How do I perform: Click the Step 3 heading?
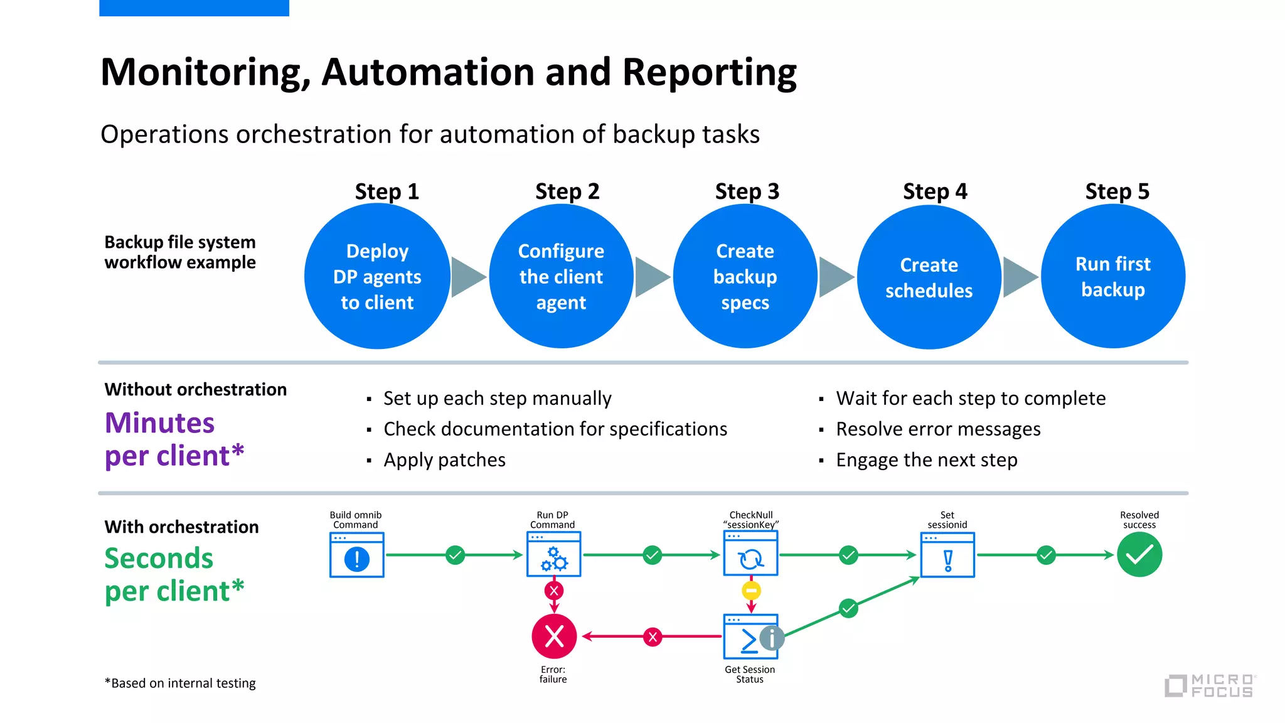coord(747,191)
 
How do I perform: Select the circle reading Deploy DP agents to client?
coord(377,276)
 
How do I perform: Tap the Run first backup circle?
coord(1112,276)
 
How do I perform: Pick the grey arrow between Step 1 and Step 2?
coord(467,276)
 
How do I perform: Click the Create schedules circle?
coord(929,277)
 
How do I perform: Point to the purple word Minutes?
coord(159,423)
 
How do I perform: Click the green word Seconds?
coord(159,558)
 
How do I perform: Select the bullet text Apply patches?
coord(444,460)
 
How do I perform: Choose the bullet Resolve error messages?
coord(938,429)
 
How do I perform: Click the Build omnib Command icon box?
coord(356,555)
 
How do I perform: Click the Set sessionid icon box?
coord(947,555)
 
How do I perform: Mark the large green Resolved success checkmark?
coord(1139,555)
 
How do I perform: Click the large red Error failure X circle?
coord(554,636)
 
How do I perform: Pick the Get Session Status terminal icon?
coord(749,637)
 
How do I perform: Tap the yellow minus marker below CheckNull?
coord(751,591)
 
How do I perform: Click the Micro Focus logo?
coord(1210,685)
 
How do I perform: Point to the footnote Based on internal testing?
coord(181,683)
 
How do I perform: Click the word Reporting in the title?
coord(709,72)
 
